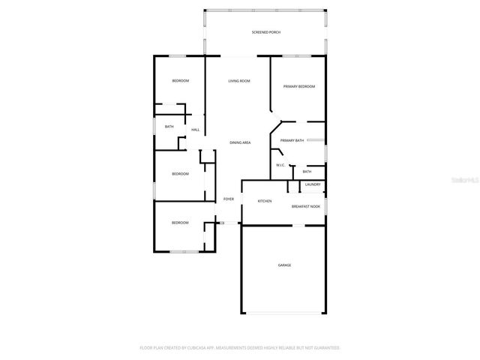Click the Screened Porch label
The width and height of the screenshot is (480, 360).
coord(265,33)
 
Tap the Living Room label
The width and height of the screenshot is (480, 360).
coord(240,81)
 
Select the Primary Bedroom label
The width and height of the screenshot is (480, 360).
coord(298,87)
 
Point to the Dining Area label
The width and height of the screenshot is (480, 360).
coord(240,142)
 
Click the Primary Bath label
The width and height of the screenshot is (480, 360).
coord(292,141)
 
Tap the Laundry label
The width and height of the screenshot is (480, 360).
coord(313,184)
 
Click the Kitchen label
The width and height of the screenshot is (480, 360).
coord(265,201)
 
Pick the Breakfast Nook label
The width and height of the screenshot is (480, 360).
coord(306,206)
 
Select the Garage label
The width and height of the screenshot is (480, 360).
coord(284,265)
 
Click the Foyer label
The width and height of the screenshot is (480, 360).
coord(229,199)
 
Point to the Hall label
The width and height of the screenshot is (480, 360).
coord(195,130)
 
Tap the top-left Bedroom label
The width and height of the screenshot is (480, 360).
coord(180,81)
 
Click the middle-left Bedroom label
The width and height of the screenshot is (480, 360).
coord(180,174)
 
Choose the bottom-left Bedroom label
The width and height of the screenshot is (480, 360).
coord(180,223)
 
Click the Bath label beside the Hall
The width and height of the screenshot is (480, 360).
coord(169,127)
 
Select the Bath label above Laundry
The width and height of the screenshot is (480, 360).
coord(307,172)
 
